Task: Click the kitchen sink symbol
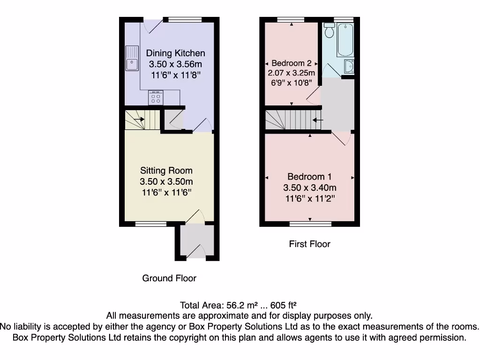pyautogui.click(x=132, y=59)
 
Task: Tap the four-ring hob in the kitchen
pyautogui.click(x=156, y=97)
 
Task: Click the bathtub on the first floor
pyautogui.click(x=345, y=40)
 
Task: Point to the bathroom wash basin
pyautogui.click(x=348, y=67)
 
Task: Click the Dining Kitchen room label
pyautogui.click(x=175, y=53)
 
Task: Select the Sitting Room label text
pyautogui.click(x=166, y=171)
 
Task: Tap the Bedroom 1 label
pyautogui.click(x=309, y=177)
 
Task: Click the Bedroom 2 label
pyautogui.click(x=292, y=63)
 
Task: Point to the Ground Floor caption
pyautogui.click(x=169, y=278)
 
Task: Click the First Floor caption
pyautogui.click(x=309, y=244)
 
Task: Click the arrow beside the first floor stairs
pyautogui.click(x=318, y=120)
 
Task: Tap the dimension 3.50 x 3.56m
pyautogui.click(x=175, y=64)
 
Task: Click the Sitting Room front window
pyautogui.click(x=150, y=224)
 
